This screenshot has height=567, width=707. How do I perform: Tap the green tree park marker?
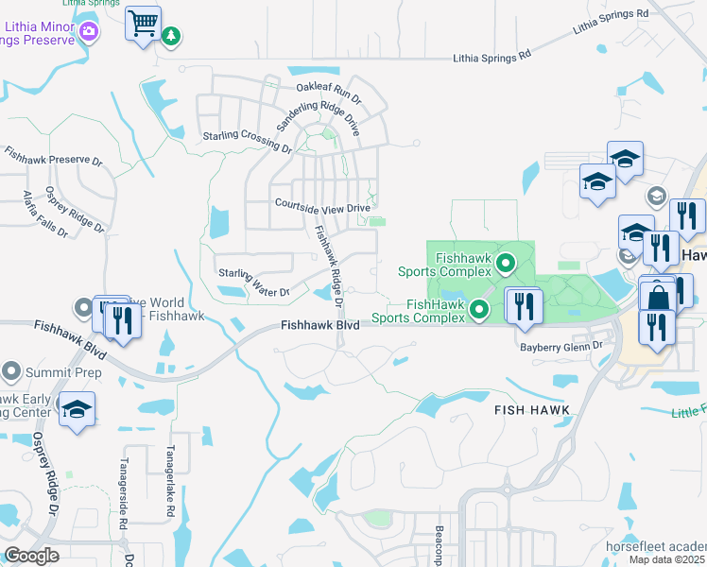coord(171,37)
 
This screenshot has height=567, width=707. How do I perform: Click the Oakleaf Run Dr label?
coord(329,93)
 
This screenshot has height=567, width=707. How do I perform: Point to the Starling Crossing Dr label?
coord(248,142)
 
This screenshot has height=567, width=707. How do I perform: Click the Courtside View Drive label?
coord(322,206)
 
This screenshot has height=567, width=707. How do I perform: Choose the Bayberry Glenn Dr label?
coord(561,347)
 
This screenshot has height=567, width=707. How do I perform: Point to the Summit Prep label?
coord(43,369)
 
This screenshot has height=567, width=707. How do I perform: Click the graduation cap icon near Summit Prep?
coord(77,411)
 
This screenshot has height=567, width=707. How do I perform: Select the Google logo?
coord(31,556)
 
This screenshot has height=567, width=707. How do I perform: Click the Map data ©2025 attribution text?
coord(667,559)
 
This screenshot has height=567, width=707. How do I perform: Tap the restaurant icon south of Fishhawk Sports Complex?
coord(523,306)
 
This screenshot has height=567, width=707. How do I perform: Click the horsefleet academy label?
coord(656,547)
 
